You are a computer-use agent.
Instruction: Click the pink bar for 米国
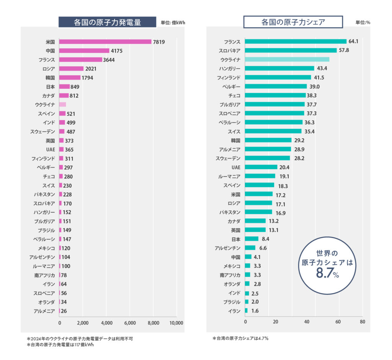(x=105, y=42)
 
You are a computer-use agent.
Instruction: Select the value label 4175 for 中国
(x=116, y=51)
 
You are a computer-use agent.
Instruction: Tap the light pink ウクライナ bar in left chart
(x=63, y=104)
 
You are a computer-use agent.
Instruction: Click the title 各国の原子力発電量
(x=107, y=22)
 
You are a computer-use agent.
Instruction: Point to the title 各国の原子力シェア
(x=293, y=22)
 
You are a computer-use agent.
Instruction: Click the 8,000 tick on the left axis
(x=153, y=323)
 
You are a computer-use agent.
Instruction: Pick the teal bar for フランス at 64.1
(x=296, y=41)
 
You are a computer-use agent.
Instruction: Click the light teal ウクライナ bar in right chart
(x=287, y=59)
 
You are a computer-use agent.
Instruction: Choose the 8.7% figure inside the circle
(x=328, y=273)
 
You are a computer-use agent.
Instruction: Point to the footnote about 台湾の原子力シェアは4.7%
(x=240, y=339)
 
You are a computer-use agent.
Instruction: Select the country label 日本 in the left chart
(x=50, y=87)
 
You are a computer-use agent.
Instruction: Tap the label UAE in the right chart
(x=236, y=167)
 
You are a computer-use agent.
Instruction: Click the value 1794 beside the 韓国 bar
(x=87, y=78)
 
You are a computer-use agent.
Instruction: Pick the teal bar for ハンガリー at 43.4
(x=279, y=68)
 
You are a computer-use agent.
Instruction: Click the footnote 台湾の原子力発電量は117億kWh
(x=60, y=345)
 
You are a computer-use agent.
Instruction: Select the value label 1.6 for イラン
(x=255, y=311)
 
